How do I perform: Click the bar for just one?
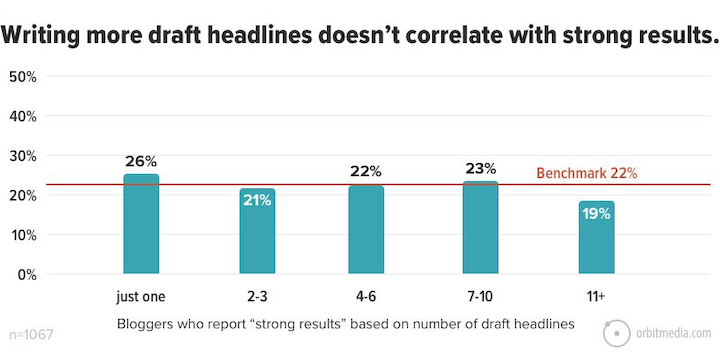pyautogui.click(x=141, y=224)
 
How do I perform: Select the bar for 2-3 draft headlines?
pyautogui.click(x=257, y=231)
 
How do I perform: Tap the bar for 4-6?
pyautogui.click(x=366, y=229)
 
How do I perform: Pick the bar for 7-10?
pyautogui.click(x=481, y=227)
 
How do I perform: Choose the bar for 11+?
pyautogui.click(x=596, y=237)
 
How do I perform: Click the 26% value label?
pyautogui.click(x=141, y=161)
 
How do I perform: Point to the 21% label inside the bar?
pyautogui.click(x=257, y=200)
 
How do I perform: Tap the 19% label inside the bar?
pyautogui.click(x=596, y=213)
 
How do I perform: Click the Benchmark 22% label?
pyautogui.click(x=587, y=173)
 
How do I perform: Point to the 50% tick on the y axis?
pyautogui.click(x=23, y=76)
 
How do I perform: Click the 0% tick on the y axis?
pyautogui.click(x=27, y=274)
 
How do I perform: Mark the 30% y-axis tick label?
pyautogui.click(x=23, y=155)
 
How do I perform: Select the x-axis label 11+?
pyautogui.click(x=596, y=297)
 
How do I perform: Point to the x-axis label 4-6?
pyautogui.click(x=366, y=297)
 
